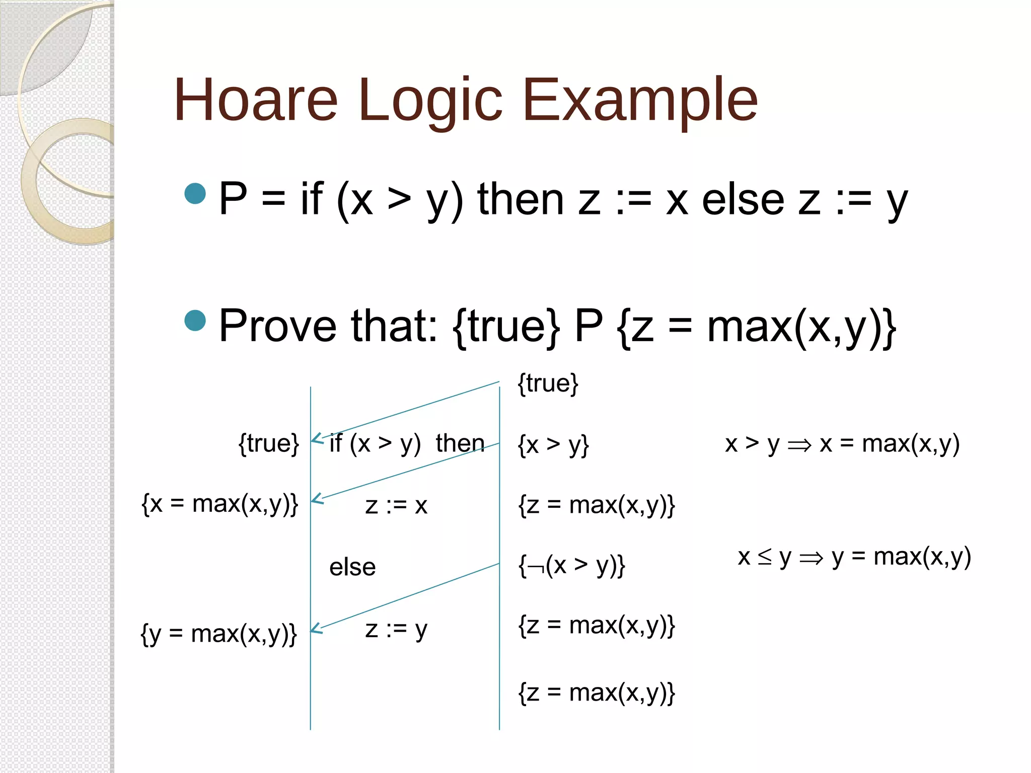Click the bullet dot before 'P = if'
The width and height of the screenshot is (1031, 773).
tap(195, 194)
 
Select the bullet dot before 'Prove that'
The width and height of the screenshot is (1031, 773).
tap(195, 321)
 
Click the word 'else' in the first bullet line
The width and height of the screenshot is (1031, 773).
tap(743, 200)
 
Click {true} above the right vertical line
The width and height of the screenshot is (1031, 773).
tap(548, 383)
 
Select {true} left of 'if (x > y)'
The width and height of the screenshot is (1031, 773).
tap(269, 443)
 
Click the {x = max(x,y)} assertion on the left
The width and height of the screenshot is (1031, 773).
tap(220, 504)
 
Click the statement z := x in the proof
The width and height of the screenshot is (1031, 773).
tap(396, 505)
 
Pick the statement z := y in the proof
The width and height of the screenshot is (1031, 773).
tap(396, 630)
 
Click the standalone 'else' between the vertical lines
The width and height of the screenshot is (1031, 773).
tap(352, 567)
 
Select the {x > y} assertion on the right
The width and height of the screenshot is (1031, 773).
tap(553, 444)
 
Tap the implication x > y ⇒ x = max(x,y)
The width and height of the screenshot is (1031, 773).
tap(842, 444)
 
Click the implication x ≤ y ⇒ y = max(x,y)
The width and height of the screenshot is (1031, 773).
tap(854, 557)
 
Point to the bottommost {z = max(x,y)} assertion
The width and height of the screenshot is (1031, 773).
tap(597, 692)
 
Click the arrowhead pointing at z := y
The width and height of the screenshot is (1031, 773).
tap(315, 629)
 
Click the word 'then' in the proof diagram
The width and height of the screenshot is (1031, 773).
tap(460, 443)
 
